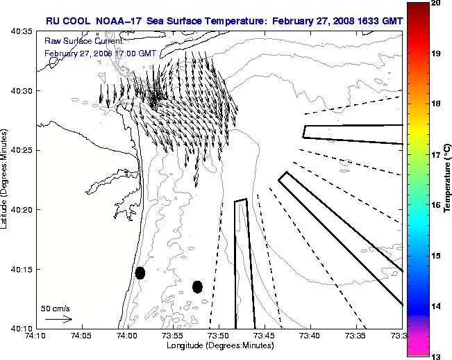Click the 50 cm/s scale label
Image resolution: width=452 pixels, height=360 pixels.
55,308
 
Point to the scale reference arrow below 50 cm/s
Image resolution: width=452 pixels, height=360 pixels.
58,319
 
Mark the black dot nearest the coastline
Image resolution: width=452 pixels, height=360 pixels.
140,272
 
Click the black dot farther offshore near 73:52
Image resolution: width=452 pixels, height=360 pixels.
197,286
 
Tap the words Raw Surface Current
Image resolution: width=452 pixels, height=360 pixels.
76,42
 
